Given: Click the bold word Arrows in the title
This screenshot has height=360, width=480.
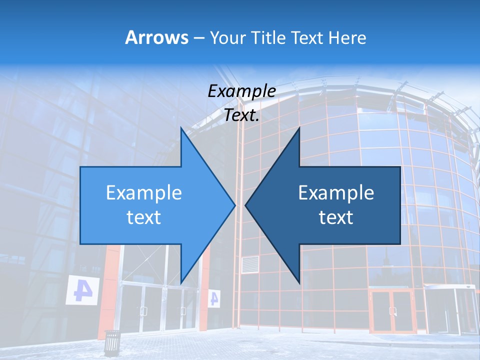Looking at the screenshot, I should point(157,37).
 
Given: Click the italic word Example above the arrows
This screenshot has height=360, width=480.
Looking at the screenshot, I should point(241,91).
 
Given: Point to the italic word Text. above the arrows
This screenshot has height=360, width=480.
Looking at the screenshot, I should point(241,115).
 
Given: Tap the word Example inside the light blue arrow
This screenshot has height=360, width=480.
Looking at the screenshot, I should point(144,192).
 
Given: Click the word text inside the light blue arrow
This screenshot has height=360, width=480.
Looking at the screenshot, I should point(144,217).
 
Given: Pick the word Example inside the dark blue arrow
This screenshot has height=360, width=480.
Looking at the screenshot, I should point(336,192).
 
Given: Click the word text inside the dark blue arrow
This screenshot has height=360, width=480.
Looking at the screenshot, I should point(336,217).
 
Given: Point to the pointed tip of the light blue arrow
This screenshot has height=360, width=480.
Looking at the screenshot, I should point(234,205).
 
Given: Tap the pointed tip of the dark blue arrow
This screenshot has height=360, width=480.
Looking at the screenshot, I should point(246,205).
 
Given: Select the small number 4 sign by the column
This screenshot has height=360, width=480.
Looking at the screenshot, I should point(214,298).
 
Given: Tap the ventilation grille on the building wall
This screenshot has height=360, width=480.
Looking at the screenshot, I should point(250,264).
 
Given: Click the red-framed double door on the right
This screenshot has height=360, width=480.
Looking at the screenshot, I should point(392,310).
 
